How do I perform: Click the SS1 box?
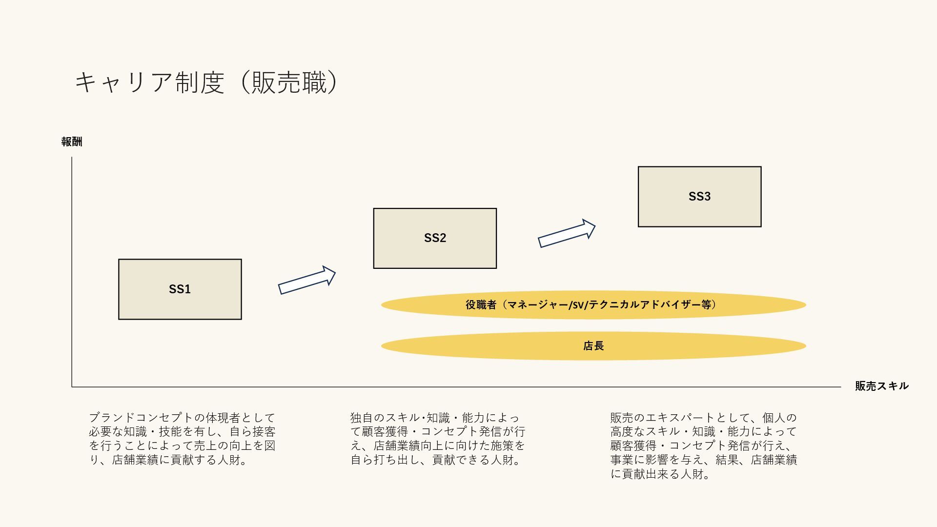tap(180, 289)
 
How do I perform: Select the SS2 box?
tap(435, 238)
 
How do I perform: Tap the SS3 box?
tap(699, 197)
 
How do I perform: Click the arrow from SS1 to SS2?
tap(307, 281)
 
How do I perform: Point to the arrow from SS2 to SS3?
tap(567, 234)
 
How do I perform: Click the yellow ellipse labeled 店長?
tap(593, 346)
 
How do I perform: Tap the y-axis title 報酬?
tap(72, 142)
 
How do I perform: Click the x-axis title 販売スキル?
tap(881, 386)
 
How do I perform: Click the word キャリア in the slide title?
tap(124, 82)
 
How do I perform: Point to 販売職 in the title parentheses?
tap(289, 82)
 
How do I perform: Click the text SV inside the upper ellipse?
tap(578, 305)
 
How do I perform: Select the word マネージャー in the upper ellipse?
tap(537, 305)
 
